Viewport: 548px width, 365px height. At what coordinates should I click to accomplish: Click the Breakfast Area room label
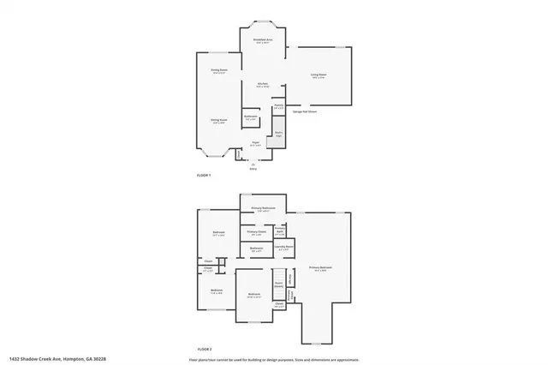coord(263,40)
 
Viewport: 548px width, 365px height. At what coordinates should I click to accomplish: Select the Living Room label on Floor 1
coord(318,76)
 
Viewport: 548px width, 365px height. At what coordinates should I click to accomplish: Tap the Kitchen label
coord(263,85)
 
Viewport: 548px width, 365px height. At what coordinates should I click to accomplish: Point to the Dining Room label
coord(219,71)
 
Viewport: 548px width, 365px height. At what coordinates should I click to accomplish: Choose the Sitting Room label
coord(219,121)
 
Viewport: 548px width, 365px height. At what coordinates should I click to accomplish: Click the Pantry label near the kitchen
coord(279,107)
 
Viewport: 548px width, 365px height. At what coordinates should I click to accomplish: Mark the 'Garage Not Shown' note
coord(305,111)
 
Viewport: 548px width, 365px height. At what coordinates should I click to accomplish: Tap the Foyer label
coord(255,144)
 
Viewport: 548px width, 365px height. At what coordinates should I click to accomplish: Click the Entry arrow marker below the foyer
coord(253,165)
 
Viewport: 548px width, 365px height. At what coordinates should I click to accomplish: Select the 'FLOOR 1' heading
coord(204,175)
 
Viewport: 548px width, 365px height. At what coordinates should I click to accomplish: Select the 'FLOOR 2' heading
coord(204,349)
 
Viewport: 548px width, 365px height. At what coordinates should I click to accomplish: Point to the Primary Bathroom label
coord(263,210)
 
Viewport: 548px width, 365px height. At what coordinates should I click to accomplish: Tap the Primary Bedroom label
coord(320,268)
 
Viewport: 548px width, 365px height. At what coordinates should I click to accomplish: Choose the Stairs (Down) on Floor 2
coord(279,286)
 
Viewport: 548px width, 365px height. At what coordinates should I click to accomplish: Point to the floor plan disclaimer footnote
coord(273,359)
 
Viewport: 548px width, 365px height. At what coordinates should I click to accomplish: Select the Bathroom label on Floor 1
coord(251,117)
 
